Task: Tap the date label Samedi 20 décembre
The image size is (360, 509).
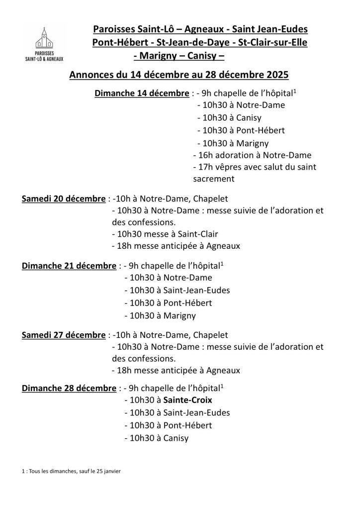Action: point(63,199)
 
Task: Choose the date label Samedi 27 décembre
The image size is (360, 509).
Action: point(63,334)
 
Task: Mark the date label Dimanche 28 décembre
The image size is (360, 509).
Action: point(69,387)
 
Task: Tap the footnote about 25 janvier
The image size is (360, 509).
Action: point(71,471)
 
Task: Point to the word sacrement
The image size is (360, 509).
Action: point(213,179)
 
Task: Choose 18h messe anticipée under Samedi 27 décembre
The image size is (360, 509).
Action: point(176,370)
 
